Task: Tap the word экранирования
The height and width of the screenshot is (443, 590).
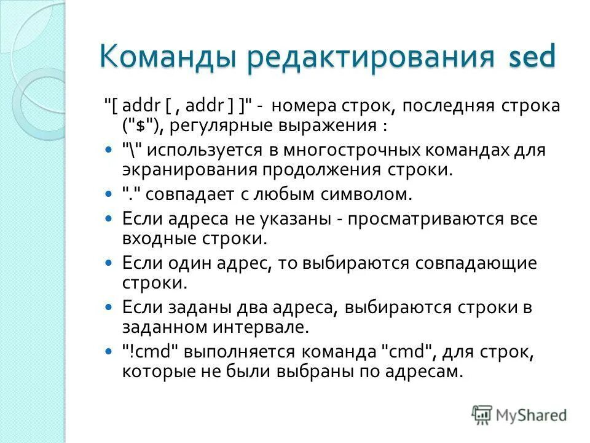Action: coord(191,169)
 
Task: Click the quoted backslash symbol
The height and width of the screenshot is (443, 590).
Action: coord(132,150)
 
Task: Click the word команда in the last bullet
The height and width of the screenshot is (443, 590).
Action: coord(332,352)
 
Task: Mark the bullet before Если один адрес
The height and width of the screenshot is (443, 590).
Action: coord(109,263)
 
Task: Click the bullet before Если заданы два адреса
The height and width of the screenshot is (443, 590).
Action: coord(109,307)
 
